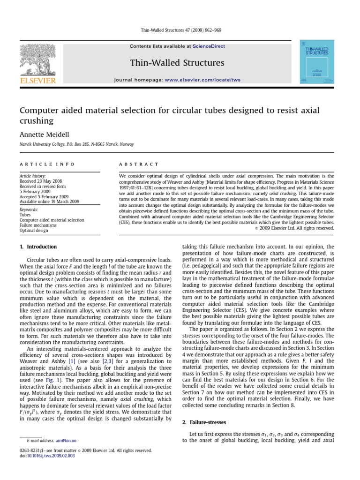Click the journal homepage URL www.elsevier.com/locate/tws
202,80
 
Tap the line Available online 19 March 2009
49,202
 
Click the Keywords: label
29,210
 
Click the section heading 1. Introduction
38,247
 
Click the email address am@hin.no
66,441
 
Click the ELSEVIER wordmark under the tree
37,81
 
